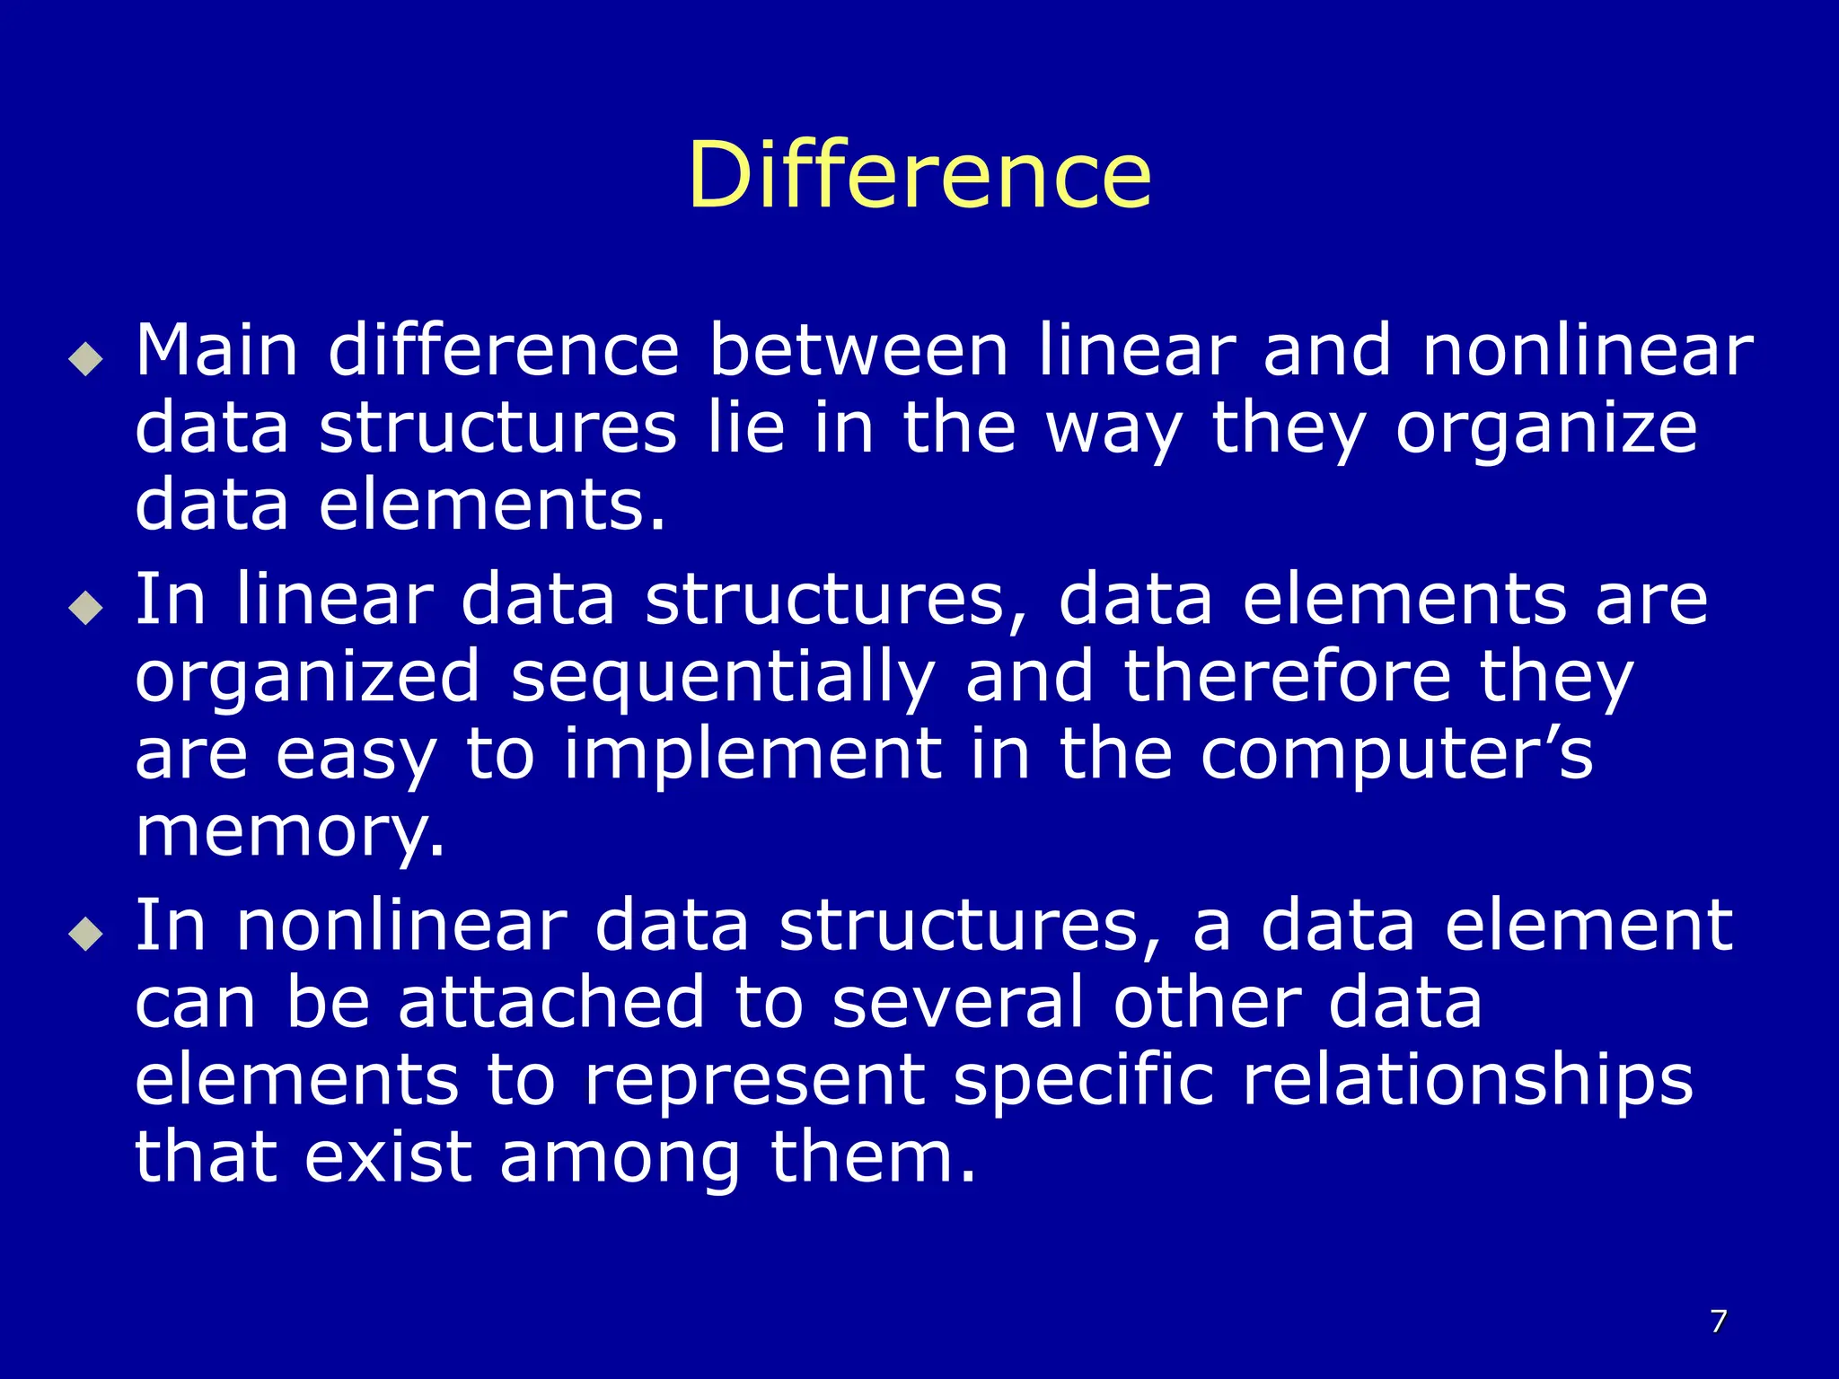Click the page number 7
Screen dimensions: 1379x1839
pos(1718,1321)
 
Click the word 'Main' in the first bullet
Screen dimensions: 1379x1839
pos(216,350)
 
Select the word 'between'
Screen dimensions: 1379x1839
pos(858,350)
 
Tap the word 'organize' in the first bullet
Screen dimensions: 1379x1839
pos(1546,430)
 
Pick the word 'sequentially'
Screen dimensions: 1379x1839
pos(723,678)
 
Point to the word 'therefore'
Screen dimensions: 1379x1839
pos(1287,678)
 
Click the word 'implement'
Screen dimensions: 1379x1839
pos(752,755)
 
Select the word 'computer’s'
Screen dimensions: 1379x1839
pos(1397,755)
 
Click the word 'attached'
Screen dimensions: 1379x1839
pos(551,1003)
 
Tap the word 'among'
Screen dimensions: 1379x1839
pos(620,1158)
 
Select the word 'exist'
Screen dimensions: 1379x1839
pos(388,1158)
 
